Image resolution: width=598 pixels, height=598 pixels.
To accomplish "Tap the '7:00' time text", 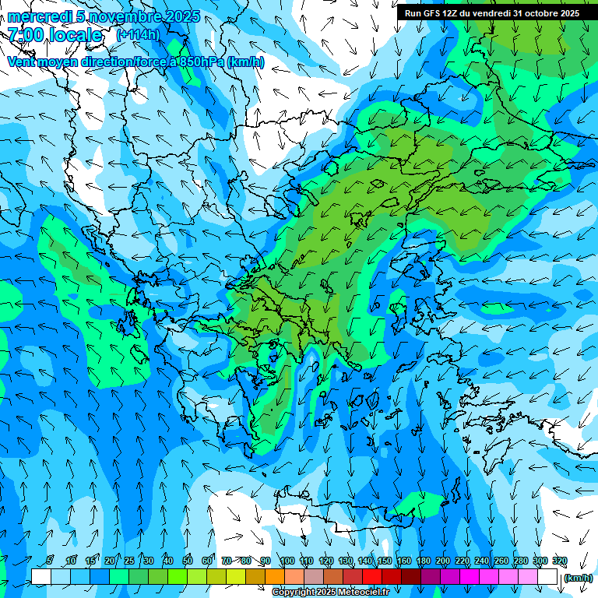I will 27,35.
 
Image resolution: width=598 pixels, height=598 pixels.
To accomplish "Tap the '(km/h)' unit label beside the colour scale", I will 577,578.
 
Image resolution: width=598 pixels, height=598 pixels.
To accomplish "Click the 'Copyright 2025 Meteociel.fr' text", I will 330,593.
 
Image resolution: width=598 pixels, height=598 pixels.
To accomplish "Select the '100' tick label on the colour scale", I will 287,561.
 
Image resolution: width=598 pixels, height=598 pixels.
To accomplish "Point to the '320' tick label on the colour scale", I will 559,561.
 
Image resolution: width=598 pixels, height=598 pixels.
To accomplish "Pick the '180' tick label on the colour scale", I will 423,561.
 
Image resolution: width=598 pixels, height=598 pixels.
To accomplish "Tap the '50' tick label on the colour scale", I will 188,561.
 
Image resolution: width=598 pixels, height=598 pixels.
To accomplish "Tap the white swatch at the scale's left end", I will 41,577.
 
